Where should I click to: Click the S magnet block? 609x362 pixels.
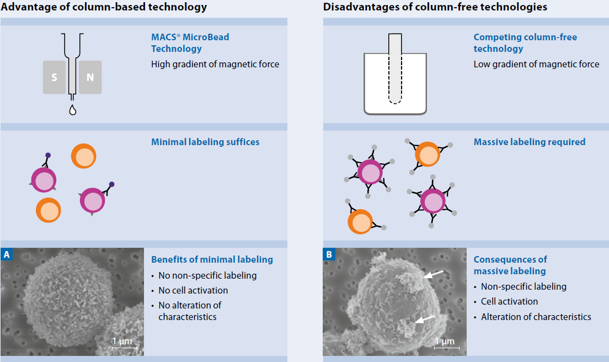[55, 77]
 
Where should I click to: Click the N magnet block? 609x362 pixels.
[90, 77]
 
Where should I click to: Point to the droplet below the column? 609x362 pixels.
[73, 110]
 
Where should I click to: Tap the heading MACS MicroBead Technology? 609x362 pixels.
[190, 42]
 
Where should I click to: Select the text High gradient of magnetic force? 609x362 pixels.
[215, 64]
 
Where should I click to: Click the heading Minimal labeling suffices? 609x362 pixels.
[205, 142]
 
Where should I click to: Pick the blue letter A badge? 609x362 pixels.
[7, 254]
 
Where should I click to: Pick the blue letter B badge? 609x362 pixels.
[329, 254]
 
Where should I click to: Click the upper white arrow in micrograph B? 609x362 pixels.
[432, 274]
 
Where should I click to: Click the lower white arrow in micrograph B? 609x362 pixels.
[425, 320]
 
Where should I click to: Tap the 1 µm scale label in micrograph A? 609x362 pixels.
[122, 341]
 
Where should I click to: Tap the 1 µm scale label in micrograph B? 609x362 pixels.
[445, 341]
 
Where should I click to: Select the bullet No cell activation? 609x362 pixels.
[193, 290]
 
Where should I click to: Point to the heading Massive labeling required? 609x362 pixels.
[530, 142]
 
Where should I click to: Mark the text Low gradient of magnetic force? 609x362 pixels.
[536, 64]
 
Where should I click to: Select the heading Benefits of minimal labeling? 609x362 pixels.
[212, 259]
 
